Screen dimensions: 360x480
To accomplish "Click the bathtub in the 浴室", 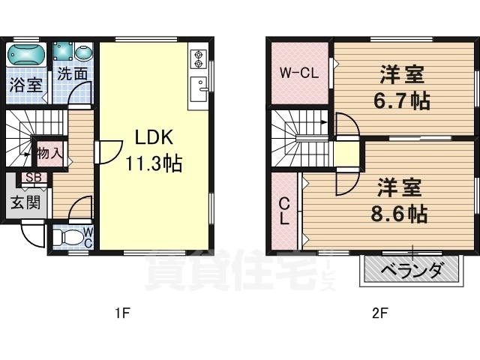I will pos(27,55).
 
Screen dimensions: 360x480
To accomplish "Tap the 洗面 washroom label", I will pos(73,74).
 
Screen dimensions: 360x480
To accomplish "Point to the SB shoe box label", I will pos(33,178).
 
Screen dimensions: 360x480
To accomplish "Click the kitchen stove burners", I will pos(199,58).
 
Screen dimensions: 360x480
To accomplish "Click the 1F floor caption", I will pos(122,313).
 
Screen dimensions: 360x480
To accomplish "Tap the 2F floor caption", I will pos(379,313).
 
